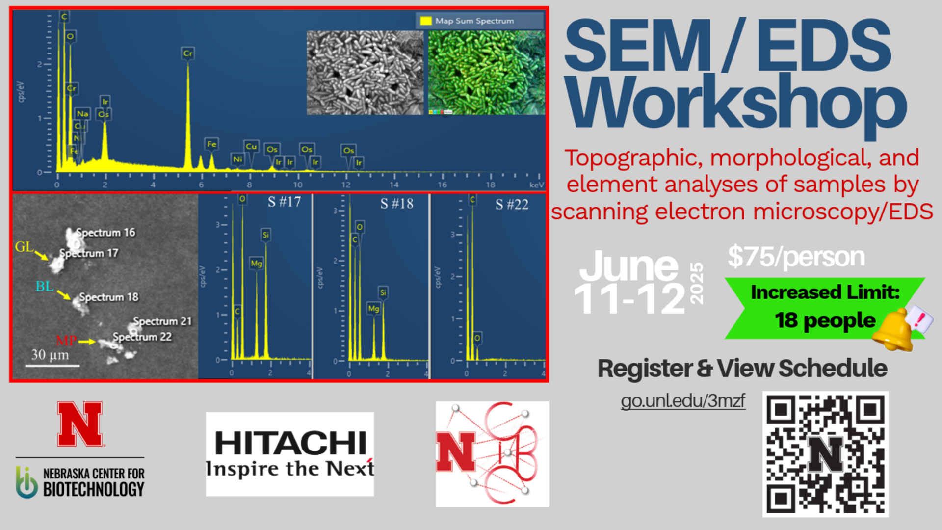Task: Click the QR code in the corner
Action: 825,454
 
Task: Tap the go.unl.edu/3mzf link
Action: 682,401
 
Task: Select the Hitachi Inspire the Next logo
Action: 290,454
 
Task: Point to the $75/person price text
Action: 796,257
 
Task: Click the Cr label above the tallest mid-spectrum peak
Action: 188,53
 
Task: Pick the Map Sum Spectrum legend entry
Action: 474,21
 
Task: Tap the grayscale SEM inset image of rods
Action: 365,73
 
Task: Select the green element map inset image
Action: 486,73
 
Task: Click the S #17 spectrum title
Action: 284,202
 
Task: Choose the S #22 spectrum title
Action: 512,205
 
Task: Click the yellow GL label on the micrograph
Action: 24,247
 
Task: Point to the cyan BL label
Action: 44,286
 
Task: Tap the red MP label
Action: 66,340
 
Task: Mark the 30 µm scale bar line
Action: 52,366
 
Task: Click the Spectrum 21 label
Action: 162,321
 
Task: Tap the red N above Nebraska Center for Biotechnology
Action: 79,424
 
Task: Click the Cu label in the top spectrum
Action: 251,146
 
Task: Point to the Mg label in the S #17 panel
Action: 256,264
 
